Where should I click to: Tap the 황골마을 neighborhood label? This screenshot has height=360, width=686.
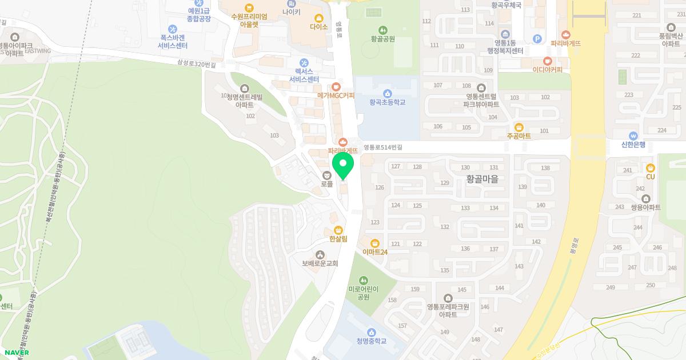click(x=482, y=179)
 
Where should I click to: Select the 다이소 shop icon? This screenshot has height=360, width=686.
click(x=318, y=17)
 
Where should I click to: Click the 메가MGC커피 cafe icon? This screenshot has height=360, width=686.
click(x=336, y=86)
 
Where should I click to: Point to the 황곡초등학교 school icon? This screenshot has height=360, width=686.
click(x=387, y=93)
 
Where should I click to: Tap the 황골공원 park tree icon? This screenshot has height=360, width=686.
click(x=382, y=30)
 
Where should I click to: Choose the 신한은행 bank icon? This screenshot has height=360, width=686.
click(x=633, y=135)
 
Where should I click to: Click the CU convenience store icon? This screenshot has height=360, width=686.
click(x=650, y=168)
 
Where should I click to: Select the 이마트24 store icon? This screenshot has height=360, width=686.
click(x=375, y=243)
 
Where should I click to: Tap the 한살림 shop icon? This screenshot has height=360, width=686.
click(x=338, y=230)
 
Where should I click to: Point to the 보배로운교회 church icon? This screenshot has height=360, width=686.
click(x=320, y=254)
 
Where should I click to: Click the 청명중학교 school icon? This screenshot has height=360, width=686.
click(x=372, y=332)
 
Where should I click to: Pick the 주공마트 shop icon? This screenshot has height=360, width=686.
click(x=519, y=127)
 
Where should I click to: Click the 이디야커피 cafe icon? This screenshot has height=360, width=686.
click(x=547, y=61)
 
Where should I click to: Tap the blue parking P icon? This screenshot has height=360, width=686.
click(x=537, y=39)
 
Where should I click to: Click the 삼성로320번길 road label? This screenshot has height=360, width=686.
click(x=197, y=65)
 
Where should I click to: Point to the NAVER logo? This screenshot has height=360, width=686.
click(x=17, y=353)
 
